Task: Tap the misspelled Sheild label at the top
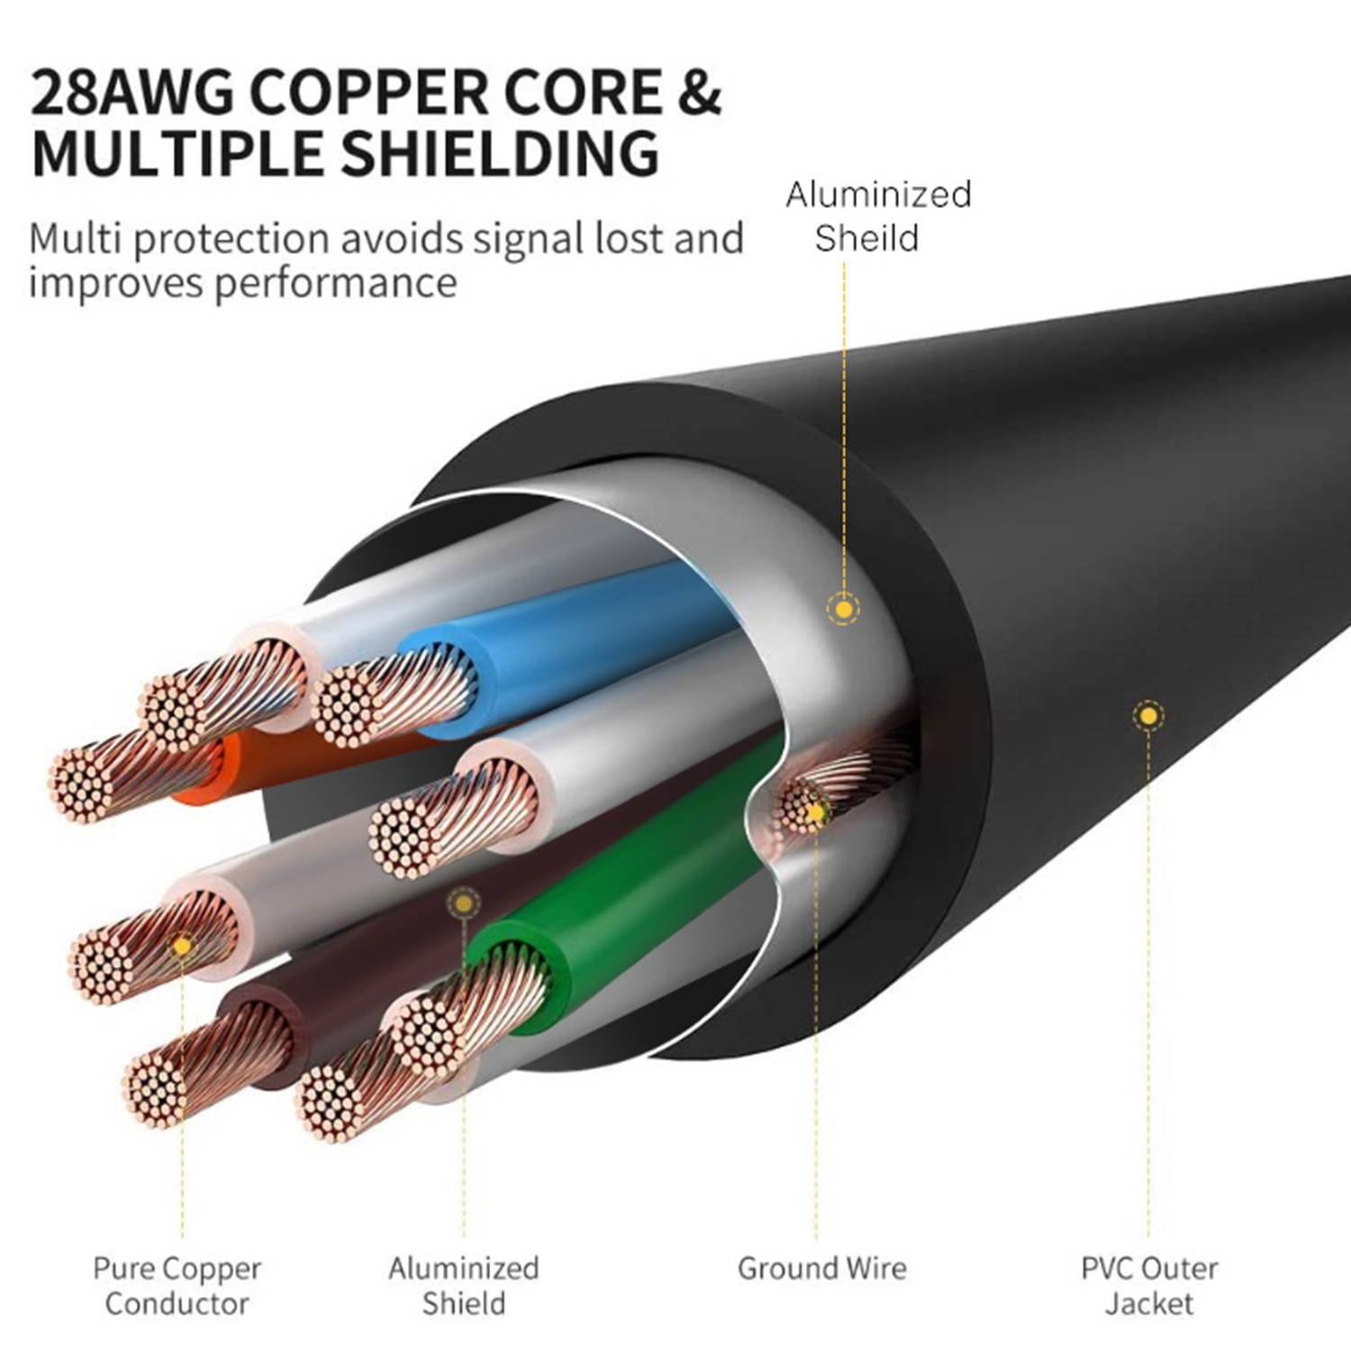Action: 866,239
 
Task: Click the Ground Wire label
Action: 821,1268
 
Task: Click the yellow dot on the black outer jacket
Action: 1147,717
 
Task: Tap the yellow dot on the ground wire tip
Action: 815,813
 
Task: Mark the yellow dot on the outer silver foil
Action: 843,610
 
